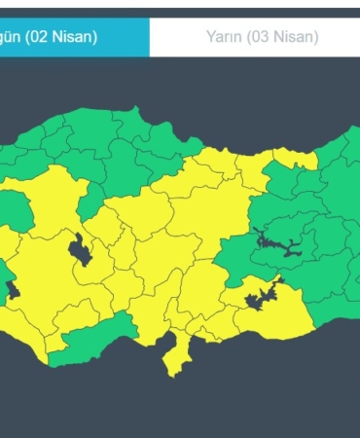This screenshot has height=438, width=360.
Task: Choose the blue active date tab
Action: click(74, 38)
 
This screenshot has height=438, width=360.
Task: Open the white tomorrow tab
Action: click(255, 38)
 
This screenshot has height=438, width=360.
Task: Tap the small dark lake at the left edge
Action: click(12, 289)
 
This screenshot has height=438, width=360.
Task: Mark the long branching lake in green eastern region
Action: click(276, 242)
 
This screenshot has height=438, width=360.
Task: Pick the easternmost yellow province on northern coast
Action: click(292, 158)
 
